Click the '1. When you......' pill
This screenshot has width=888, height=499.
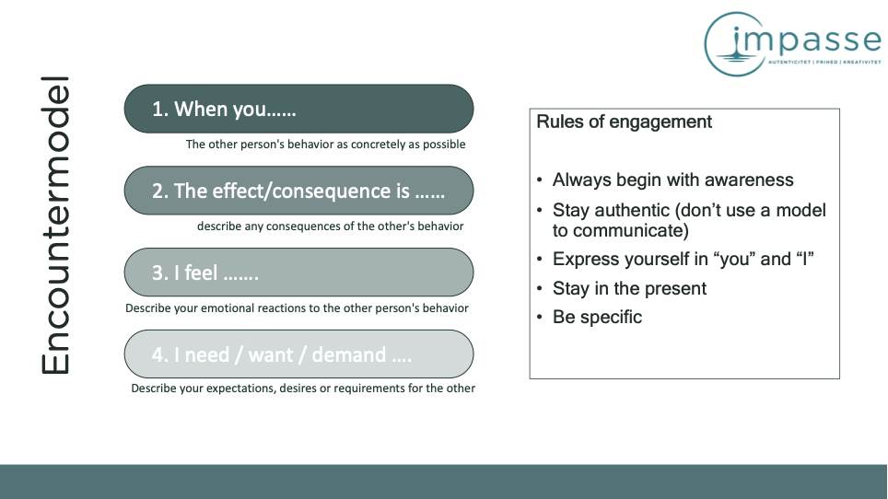coord(298,109)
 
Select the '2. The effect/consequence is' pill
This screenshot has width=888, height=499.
coord(298,191)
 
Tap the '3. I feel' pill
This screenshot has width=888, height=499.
coord(298,273)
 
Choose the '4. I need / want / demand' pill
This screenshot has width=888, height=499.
coord(298,354)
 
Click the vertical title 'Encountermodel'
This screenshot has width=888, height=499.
coord(55,226)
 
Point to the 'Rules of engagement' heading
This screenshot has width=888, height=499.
coord(624,122)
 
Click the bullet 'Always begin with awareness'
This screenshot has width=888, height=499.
coord(672,180)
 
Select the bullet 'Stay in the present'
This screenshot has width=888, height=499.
coord(629,288)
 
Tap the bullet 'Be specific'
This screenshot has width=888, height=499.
coord(597,317)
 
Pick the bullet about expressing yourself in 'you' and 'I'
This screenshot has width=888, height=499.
coord(683,259)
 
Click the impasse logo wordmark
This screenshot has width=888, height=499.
coord(804,41)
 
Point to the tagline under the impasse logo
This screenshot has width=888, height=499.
coord(824,62)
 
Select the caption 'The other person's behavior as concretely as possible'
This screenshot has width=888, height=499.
coord(326,145)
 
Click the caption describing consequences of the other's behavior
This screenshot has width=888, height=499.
coord(330,226)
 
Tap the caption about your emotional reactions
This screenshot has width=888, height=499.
coord(297,308)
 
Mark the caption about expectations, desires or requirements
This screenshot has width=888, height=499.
coord(303,389)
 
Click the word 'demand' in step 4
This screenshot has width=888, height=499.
coord(348,354)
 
